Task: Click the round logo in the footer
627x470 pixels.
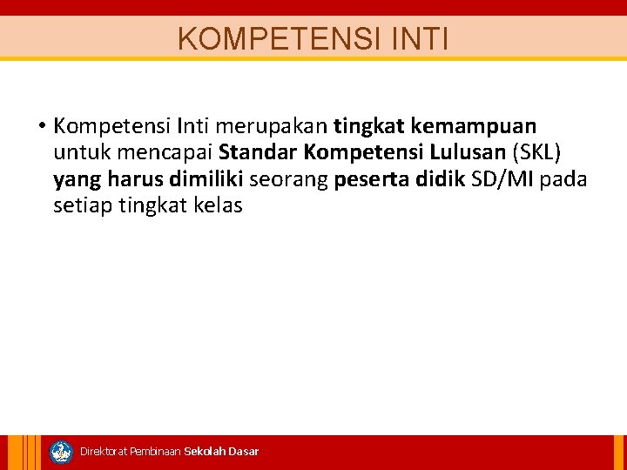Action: coord(61,452)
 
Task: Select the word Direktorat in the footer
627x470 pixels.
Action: coord(103,452)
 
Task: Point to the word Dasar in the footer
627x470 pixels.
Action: coord(243,452)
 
